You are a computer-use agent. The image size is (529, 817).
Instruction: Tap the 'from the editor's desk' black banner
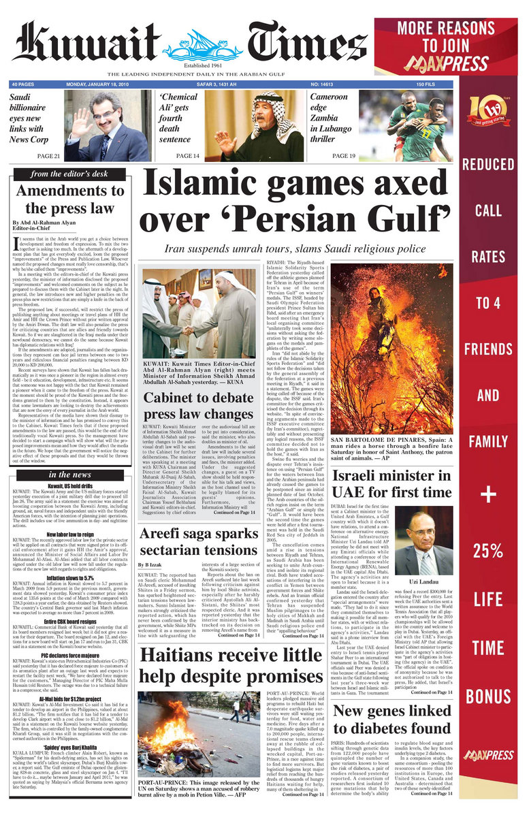coord(69,174)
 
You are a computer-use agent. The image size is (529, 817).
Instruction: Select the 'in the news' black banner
coord(69,474)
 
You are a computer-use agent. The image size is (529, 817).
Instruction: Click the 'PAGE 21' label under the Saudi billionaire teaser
coord(49,156)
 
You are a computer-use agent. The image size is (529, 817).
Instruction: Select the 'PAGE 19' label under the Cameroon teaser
coord(344,156)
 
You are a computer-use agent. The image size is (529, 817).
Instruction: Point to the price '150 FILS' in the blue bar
coord(426,84)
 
